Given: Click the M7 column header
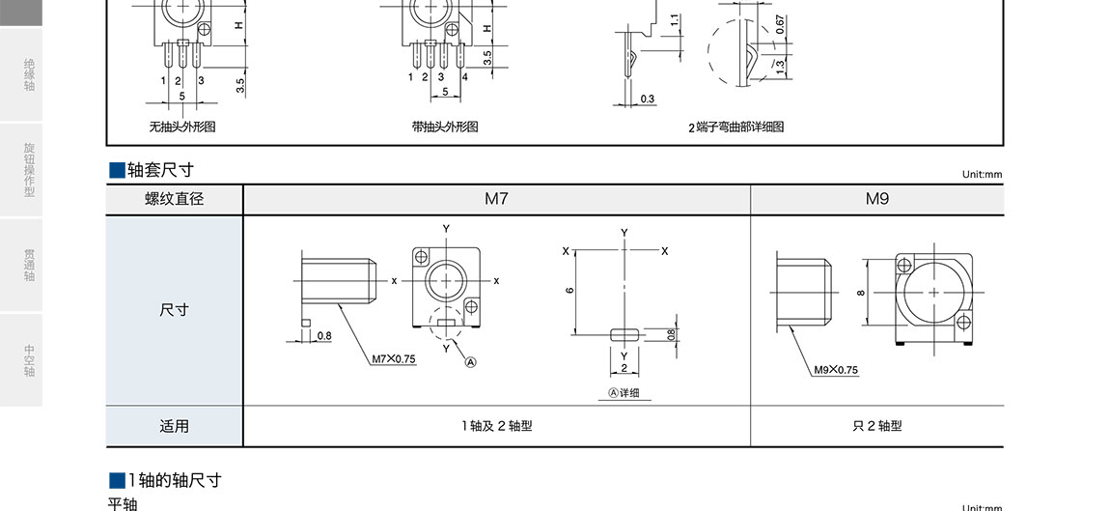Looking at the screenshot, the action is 496,199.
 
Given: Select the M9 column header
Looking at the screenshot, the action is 877,199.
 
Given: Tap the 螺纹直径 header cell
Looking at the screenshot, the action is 174,199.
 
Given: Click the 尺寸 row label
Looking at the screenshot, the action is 174,310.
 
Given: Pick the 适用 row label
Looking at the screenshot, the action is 174,426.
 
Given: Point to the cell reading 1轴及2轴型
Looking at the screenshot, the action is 496,426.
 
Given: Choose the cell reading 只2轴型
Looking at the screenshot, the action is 877,426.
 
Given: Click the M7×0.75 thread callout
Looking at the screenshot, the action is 394,358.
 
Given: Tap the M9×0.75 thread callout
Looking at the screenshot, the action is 835,369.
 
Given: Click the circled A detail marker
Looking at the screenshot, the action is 471,362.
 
